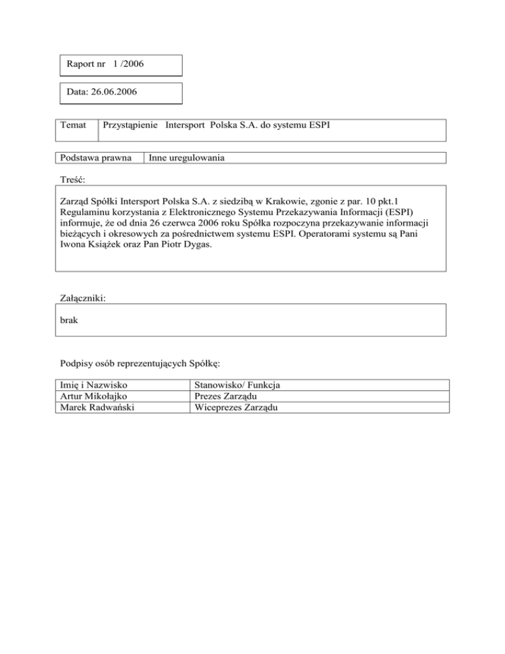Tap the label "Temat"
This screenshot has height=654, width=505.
click(74, 125)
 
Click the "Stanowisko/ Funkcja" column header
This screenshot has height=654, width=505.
click(239, 384)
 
